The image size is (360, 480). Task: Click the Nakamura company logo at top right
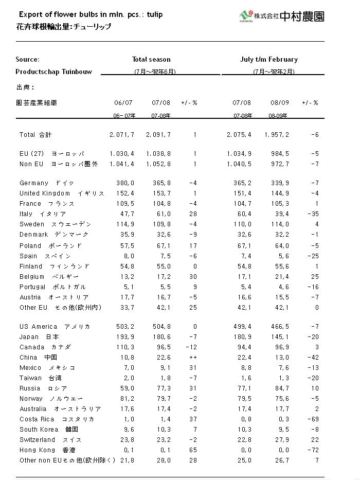point(282,16)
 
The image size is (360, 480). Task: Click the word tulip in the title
point(154,14)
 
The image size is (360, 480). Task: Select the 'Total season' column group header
point(151,60)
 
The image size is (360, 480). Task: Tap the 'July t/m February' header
point(269,60)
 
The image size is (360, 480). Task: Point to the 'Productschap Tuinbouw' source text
point(53,72)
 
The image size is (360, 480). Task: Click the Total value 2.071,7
point(122,135)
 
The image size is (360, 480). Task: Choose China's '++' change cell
point(192,358)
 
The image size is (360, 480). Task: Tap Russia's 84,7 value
point(281,388)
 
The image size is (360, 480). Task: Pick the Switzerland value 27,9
point(281,440)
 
